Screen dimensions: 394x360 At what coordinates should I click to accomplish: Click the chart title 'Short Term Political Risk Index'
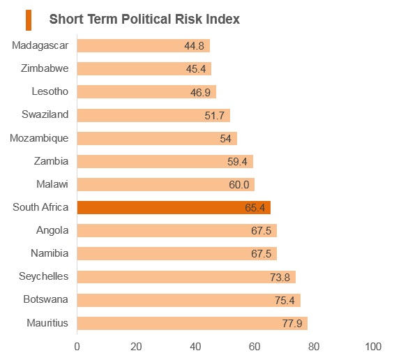point(144,19)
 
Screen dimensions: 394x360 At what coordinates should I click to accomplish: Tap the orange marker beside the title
point(29,20)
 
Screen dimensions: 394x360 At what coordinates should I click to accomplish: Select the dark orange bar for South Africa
point(174,207)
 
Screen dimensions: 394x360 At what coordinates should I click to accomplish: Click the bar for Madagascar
point(144,45)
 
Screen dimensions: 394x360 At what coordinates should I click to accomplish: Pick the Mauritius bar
point(192,323)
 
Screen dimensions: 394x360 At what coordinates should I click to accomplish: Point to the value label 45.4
point(196,69)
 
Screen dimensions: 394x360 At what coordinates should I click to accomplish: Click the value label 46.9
point(200,92)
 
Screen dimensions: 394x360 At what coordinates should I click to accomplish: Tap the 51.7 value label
point(214,115)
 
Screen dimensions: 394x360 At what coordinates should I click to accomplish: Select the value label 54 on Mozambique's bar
point(225,139)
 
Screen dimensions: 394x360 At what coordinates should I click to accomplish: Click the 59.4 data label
point(237,161)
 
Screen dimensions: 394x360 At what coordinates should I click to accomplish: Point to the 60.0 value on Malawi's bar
point(239,184)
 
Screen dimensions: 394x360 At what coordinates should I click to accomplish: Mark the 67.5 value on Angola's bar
point(262,230)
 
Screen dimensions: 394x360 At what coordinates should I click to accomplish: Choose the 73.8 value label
point(280,277)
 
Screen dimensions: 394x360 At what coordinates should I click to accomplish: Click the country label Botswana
point(46,299)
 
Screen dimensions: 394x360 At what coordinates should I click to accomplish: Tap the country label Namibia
point(50,253)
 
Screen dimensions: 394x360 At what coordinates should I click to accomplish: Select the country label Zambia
point(51,161)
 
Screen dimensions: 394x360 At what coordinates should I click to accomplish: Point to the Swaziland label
point(45,114)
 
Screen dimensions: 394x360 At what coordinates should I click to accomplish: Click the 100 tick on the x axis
point(373,347)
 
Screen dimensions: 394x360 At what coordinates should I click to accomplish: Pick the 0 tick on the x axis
point(77,347)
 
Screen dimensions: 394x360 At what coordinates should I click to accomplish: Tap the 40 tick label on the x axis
point(195,347)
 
